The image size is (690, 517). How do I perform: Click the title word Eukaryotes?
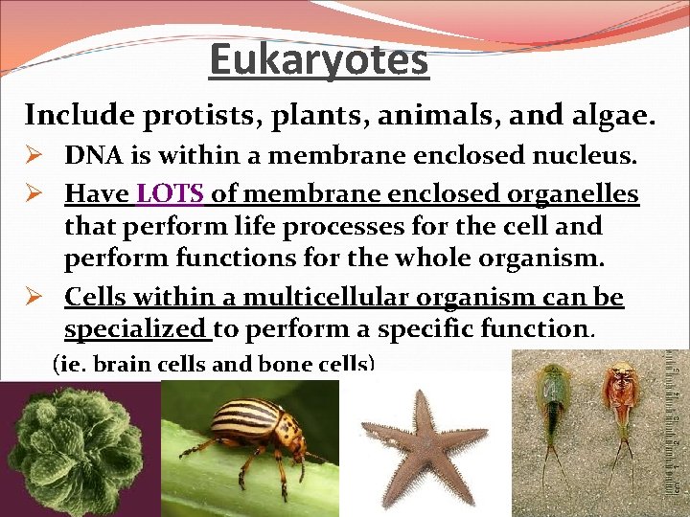319,59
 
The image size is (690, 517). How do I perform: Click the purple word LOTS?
171,194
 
